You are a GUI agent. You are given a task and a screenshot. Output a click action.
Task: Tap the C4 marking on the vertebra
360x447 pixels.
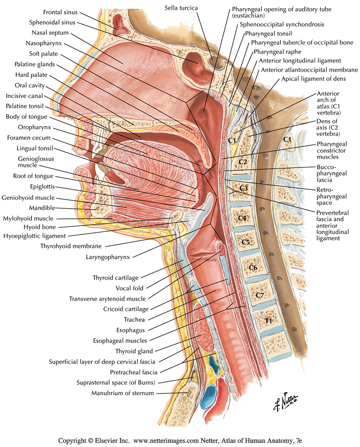(x=242, y=218)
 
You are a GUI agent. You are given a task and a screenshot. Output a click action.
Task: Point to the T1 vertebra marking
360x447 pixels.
(x=268, y=321)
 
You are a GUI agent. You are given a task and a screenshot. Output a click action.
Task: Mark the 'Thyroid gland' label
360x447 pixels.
(x=134, y=351)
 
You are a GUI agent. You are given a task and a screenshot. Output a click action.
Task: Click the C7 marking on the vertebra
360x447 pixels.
(x=259, y=295)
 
